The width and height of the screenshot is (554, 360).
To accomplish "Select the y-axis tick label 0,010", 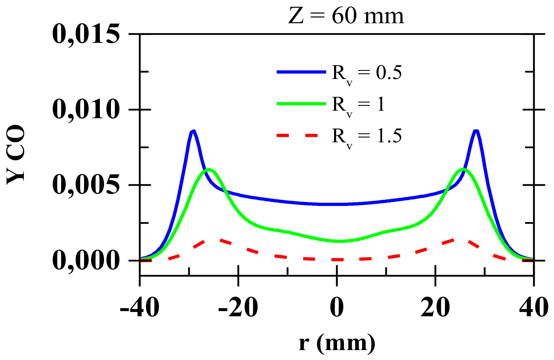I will pyautogui.click(x=86, y=110).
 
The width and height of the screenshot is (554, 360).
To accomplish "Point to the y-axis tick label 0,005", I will pyautogui.click(x=86, y=185).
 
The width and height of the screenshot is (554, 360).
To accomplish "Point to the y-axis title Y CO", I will pyautogui.click(x=16, y=155).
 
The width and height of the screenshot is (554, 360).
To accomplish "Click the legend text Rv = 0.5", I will pyautogui.click(x=367, y=73).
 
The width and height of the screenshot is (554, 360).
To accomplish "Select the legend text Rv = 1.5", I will pyautogui.click(x=367, y=137).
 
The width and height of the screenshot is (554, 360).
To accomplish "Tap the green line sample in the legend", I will pyautogui.click(x=301, y=103).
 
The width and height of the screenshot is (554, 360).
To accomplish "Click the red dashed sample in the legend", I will pyautogui.click(x=297, y=136).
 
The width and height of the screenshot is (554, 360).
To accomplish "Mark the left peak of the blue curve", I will pyautogui.click(x=193, y=131).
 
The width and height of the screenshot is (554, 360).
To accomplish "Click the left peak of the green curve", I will pyautogui.click(x=209, y=169).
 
